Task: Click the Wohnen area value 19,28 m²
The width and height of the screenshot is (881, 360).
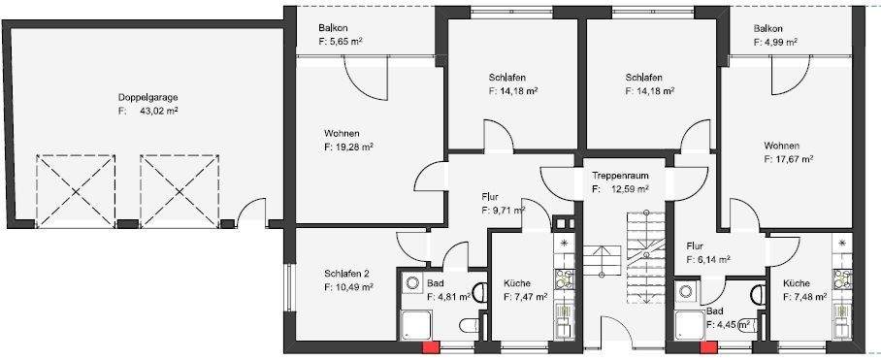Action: coord(349,147)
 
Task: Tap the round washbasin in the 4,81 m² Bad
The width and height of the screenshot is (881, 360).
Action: coord(412,283)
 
